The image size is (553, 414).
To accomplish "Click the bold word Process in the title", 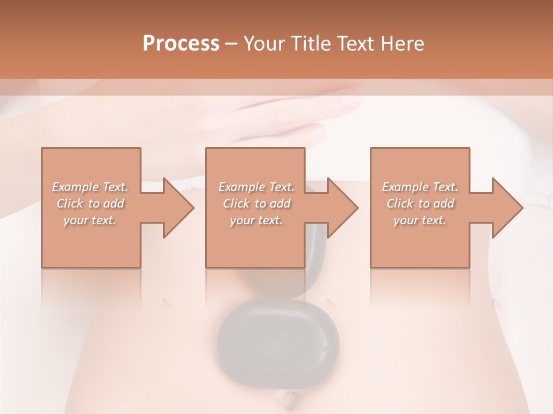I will (181, 43).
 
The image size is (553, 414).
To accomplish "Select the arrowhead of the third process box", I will (506, 208).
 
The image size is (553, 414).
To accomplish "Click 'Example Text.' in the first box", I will (90, 187).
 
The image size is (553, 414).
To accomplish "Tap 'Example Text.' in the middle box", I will (256, 187).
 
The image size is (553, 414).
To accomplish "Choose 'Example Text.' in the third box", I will (420, 187).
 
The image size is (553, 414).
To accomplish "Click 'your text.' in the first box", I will (90, 220).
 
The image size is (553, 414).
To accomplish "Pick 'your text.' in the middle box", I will (256, 220).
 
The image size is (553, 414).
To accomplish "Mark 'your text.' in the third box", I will (420, 220).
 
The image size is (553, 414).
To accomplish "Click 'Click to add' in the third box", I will (420, 204).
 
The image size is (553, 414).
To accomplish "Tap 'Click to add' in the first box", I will (90, 204).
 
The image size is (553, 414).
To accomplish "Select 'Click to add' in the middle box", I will (256, 204).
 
